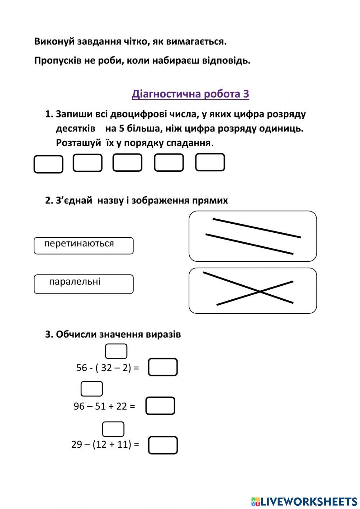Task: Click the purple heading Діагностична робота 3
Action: tap(190, 94)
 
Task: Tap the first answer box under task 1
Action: tap(48, 164)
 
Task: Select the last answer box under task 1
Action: tap(210, 162)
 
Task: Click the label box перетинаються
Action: tap(84, 246)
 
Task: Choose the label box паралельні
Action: tap(84, 284)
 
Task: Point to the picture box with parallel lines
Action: tap(253, 236)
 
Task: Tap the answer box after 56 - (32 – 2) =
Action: tap(163, 367)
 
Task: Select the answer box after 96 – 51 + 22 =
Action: tap(160, 406)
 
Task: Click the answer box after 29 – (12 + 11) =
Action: tap(163, 445)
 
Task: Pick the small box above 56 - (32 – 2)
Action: tap(116, 351)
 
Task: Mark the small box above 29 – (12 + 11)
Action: tap(113, 429)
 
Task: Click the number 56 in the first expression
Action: tap(82, 368)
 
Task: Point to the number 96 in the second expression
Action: tap(79, 406)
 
